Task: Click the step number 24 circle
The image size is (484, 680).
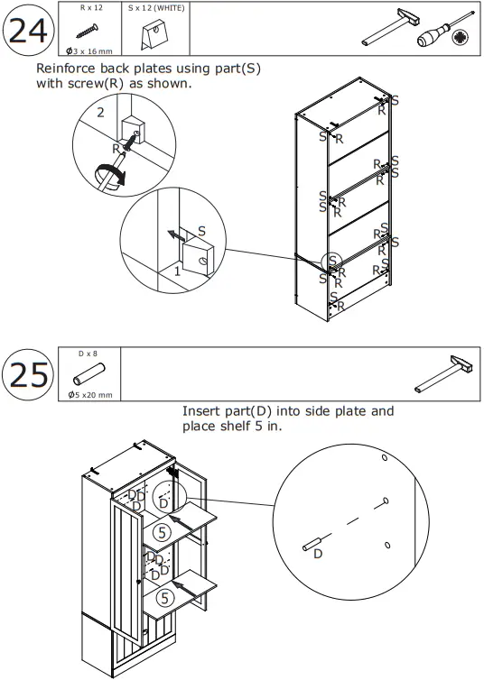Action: (27, 31)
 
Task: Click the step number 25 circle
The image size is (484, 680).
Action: (27, 374)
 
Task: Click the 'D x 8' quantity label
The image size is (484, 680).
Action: (88, 354)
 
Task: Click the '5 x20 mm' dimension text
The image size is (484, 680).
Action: (90, 394)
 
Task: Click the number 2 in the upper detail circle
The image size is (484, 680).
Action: (101, 113)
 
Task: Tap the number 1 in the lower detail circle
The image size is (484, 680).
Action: (178, 270)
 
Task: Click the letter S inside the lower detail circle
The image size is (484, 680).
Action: (201, 232)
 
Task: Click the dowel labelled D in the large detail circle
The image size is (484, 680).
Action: (312, 543)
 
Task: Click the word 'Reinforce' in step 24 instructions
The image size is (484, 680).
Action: (67, 69)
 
